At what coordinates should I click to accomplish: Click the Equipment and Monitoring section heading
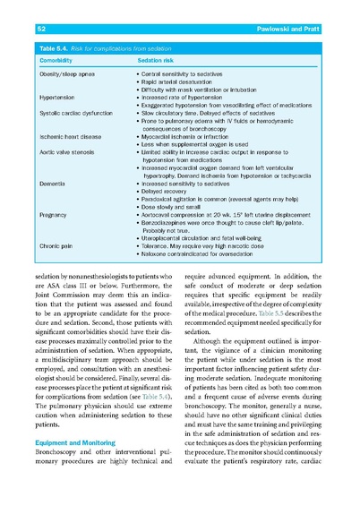click(76, 441)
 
